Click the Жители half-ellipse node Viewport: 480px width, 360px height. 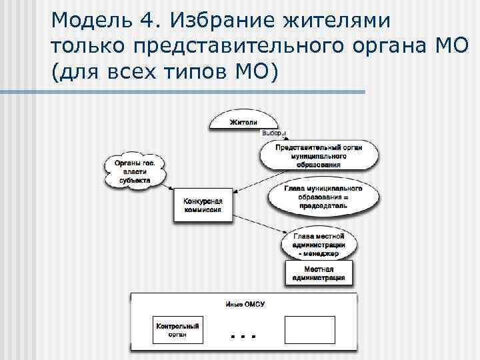(243, 121)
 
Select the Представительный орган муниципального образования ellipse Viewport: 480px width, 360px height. (319, 155)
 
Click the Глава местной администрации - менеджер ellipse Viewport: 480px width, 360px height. (319, 244)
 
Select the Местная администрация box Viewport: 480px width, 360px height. (319, 273)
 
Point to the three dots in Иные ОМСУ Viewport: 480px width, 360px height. (244, 336)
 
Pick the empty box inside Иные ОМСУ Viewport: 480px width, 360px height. (309, 330)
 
